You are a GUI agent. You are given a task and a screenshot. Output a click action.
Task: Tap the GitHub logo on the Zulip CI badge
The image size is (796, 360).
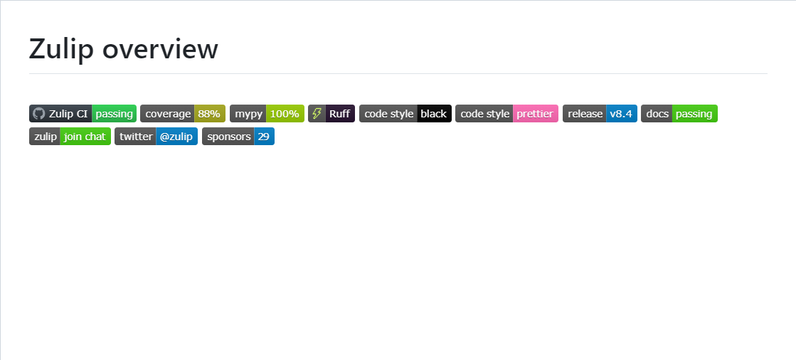39,114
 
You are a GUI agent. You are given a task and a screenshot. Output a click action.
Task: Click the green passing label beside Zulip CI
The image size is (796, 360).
114,114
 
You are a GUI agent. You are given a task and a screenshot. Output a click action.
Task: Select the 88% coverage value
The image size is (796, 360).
209,114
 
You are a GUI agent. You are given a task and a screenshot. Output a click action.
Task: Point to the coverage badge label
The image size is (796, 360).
168,114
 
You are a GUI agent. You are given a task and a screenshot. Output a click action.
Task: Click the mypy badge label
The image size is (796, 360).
248,114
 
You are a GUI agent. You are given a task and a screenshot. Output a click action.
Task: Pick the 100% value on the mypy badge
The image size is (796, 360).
285,114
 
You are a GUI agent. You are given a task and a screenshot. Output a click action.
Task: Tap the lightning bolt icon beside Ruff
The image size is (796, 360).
317,114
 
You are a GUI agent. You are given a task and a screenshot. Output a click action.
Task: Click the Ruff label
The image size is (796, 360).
339,114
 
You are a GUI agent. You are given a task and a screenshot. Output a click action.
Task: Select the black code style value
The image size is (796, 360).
434,114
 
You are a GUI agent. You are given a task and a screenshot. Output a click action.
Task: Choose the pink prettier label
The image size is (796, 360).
535,114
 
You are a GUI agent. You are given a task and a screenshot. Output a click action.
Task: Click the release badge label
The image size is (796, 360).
585,114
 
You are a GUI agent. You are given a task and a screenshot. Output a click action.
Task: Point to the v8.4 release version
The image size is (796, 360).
621,114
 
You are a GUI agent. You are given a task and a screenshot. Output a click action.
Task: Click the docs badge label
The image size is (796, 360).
657,114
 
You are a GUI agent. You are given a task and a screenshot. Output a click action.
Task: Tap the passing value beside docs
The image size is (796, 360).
694,114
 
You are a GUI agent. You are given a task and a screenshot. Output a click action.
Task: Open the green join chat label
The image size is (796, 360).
85,137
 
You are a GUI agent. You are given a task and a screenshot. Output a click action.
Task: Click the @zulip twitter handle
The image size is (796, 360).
176,137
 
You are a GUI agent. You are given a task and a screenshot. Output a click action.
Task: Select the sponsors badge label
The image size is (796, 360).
228,137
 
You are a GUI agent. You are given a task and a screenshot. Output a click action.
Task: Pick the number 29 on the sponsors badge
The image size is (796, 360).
264,137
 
